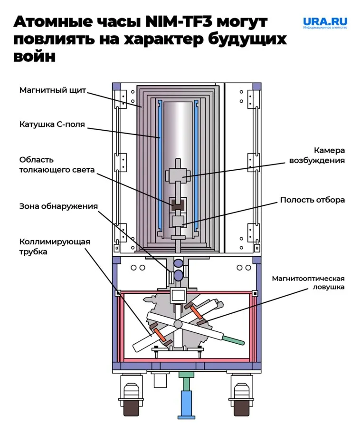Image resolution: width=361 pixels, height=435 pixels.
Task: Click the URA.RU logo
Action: click(x=325, y=23)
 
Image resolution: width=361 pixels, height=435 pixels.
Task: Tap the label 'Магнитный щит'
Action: click(x=52, y=90)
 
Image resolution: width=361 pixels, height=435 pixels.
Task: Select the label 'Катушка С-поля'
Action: click(x=52, y=125)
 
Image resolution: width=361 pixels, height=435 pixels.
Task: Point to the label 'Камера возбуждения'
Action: click(x=317, y=155)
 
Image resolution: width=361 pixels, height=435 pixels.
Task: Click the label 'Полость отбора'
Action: click(x=312, y=200)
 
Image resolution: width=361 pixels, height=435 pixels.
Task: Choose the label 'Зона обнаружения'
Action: click(x=58, y=206)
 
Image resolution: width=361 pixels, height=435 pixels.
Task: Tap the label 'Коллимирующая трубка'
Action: click(x=55, y=246)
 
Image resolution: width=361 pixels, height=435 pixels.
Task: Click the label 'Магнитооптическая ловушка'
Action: click(x=308, y=282)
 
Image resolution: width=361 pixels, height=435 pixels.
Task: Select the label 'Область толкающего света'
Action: click(x=57, y=164)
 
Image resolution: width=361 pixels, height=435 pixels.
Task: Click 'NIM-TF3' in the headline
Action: click(x=179, y=22)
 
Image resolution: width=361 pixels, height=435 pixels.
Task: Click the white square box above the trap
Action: click(x=178, y=295)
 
